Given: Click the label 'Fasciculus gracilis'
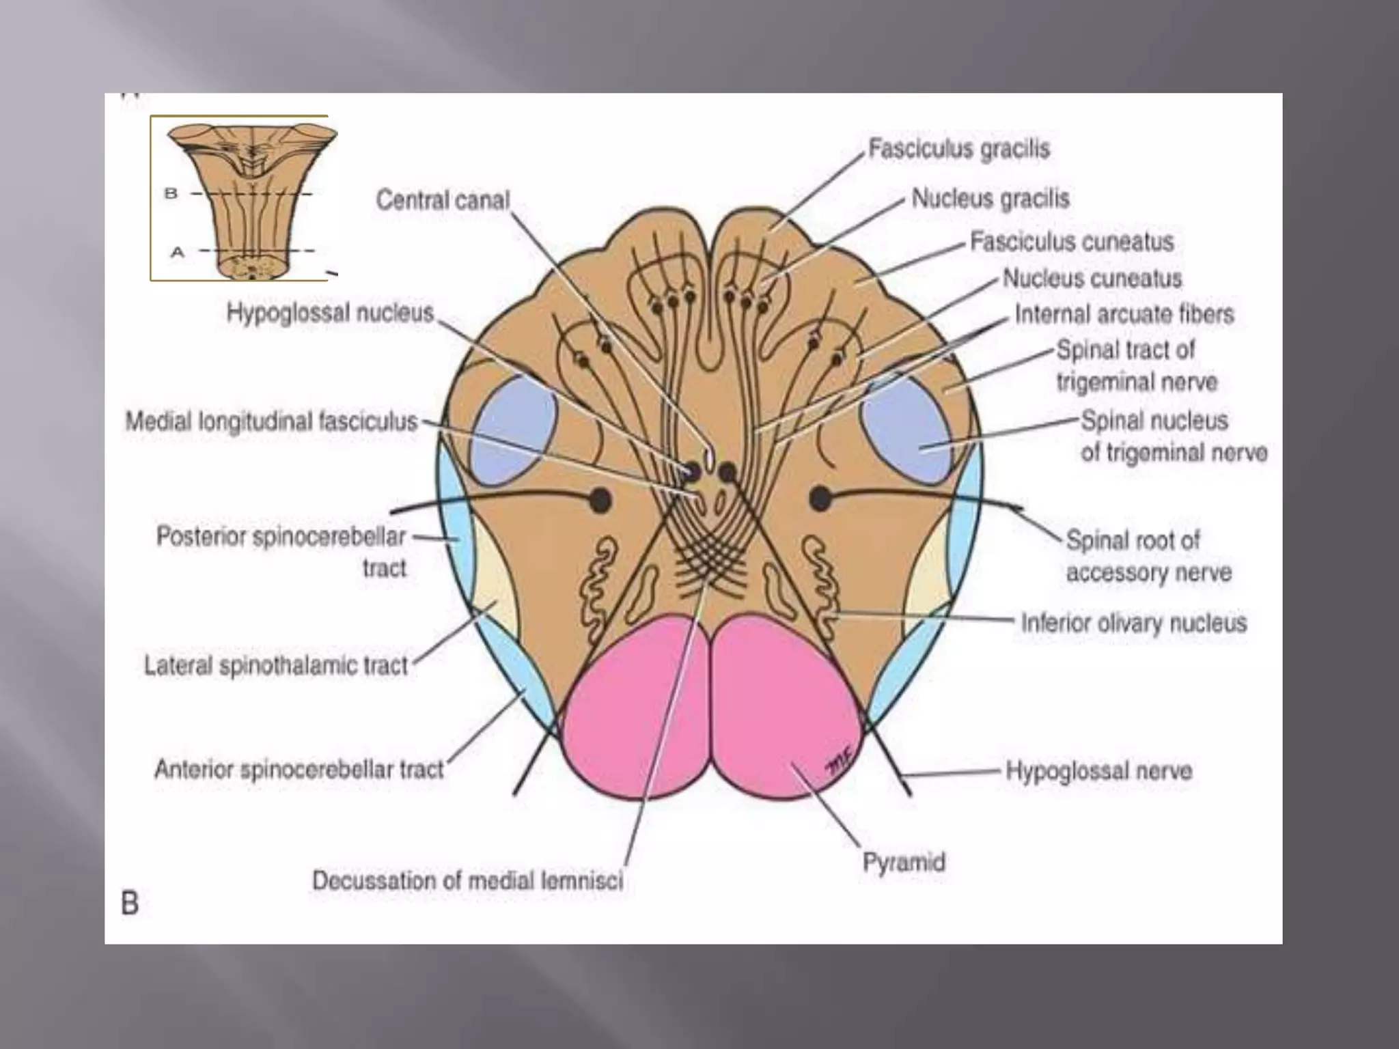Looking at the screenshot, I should (958, 149).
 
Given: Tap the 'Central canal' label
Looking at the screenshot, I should (443, 200).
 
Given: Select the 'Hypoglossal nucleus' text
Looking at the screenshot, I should (330, 313).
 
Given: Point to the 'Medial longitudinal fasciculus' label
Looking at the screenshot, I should (271, 421).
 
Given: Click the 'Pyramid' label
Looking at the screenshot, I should (903, 862).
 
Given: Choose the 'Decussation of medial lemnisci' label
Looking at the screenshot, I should (467, 880).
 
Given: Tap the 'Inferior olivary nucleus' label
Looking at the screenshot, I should (1133, 623).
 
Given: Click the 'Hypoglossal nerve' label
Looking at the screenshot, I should (1098, 771).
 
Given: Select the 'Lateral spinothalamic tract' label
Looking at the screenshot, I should (275, 665).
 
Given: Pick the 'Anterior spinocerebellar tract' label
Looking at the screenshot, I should (299, 770).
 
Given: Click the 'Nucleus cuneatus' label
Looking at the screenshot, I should (1092, 279).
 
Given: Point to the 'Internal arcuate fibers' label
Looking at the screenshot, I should (1124, 314).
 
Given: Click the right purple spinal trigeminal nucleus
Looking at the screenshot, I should (907, 430).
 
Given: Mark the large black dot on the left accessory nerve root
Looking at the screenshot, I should (599, 500).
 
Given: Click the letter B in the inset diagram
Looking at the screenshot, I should (171, 194).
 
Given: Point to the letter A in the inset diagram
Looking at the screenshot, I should (177, 252).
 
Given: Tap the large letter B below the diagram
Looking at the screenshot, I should (130, 903).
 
